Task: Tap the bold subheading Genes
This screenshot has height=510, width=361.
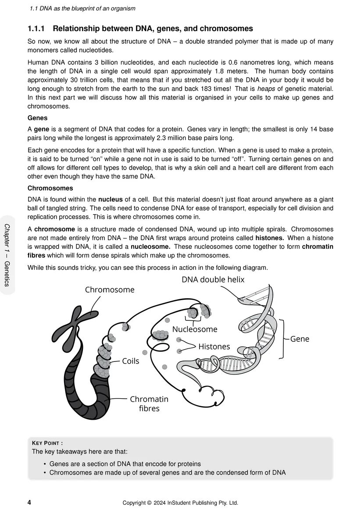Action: pos(37,118)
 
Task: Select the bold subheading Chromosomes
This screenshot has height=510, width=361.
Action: pos(50,188)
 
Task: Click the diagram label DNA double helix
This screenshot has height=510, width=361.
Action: pos(213,280)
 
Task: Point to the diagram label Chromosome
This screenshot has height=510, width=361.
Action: pos(110,290)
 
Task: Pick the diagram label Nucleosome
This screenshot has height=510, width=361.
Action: pos(195,329)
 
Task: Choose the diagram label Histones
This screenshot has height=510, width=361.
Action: pos(214,347)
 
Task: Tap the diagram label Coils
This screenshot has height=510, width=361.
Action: pos(130,361)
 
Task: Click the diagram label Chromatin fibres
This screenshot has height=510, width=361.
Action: pos(149,404)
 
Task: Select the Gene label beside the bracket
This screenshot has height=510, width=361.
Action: pos(300,339)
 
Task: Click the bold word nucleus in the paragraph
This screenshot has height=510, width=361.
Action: pos(110,200)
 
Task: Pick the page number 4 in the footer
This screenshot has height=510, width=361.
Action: pos(29,503)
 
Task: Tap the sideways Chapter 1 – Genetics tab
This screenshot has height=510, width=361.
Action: pos(7,255)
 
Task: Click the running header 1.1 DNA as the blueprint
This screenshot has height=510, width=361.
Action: pos(82,8)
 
